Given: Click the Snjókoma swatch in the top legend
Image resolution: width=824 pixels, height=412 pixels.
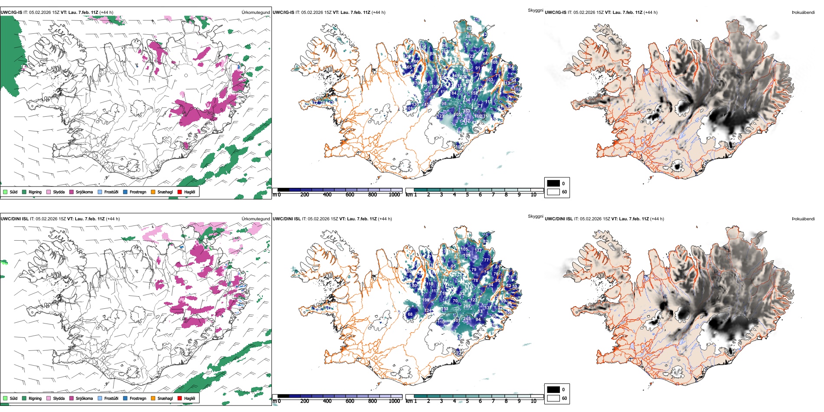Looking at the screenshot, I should (x=72, y=192).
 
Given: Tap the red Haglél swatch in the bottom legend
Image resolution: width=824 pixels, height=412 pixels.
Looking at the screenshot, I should (x=180, y=398).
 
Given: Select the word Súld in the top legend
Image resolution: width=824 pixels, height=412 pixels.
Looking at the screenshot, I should (x=13, y=192).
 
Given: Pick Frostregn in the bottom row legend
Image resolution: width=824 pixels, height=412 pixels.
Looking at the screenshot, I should (x=137, y=398).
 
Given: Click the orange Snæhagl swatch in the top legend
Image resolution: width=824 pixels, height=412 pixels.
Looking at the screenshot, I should (x=153, y=192).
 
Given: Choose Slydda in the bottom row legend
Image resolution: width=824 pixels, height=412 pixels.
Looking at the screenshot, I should (x=59, y=398).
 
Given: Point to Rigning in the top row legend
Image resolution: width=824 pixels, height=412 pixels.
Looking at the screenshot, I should (x=35, y=192).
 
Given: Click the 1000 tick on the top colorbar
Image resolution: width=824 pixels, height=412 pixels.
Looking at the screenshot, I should (x=394, y=195).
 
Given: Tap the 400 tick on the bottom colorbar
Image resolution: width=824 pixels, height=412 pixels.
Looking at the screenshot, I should (x=327, y=401).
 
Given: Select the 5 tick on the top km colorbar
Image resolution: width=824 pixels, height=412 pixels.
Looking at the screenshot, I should (x=467, y=195).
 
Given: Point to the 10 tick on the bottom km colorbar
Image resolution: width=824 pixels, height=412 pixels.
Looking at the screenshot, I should (x=533, y=401).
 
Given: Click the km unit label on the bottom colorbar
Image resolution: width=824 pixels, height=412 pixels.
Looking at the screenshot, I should (x=409, y=401).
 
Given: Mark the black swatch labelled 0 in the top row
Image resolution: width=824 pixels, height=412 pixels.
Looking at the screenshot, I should (x=553, y=183).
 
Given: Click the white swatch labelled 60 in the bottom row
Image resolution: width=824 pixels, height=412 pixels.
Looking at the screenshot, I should (x=553, y=398).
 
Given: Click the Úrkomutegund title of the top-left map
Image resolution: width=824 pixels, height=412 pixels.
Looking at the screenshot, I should (x=255, y=13).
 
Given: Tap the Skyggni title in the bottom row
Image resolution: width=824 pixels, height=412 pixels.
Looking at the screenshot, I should (x=535, y=216).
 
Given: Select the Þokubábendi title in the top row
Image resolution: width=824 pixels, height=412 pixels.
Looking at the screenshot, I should (x=803, y=13).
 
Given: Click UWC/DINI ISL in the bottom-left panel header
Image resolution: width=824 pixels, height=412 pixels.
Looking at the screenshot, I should (x=14, y=219).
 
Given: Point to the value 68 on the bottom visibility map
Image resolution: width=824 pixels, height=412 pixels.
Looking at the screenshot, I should (x=410, y=314).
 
